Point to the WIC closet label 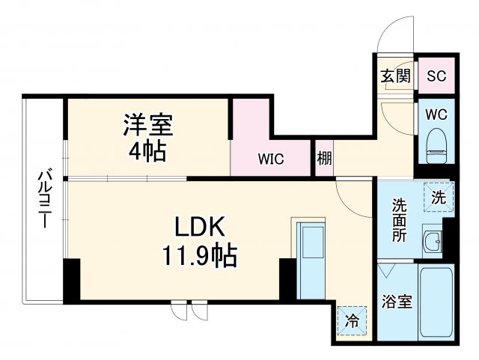(x=271, y=159)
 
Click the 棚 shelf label (x=324, y=159)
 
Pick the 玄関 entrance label (x=395, y=76)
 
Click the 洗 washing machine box (x=439, y=198)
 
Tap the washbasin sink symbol (x=431, y=241)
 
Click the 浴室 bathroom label (x=397, y=302)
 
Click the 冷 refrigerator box (x=352, y=322)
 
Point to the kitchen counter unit (x=310, y=259)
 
